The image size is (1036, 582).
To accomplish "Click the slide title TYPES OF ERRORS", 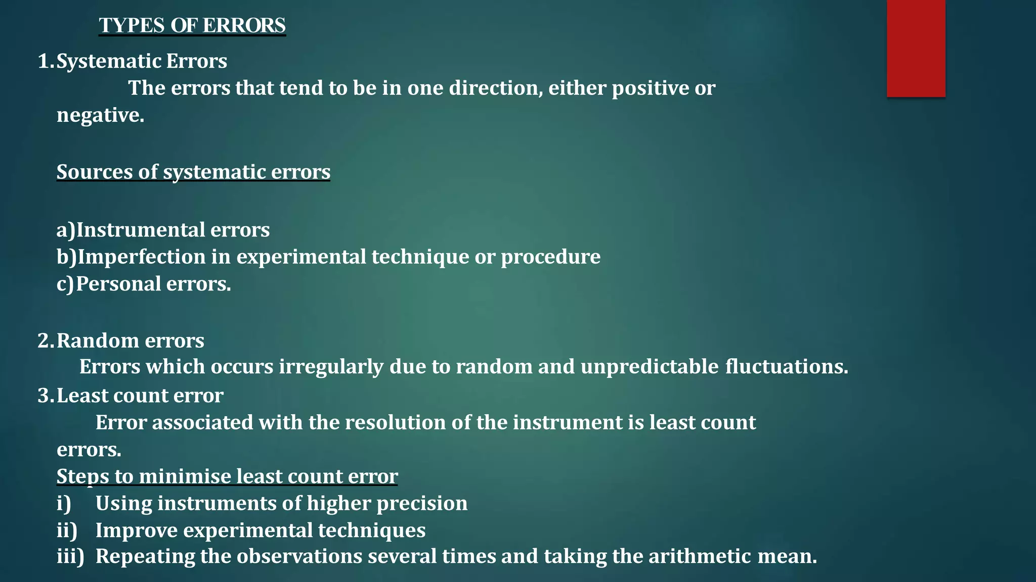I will tap(192, 25).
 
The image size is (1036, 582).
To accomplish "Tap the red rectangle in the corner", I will tap(916, 48).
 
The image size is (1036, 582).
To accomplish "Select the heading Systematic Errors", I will tap(142, 61).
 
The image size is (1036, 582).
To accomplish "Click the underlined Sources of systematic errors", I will tap(193, 172).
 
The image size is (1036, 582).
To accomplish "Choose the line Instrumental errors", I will tap(172, 230).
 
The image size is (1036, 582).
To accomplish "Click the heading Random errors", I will tap(130, 341).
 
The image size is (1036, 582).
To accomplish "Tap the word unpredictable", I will tap(650, 367).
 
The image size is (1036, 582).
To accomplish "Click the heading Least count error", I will tap(140, 396).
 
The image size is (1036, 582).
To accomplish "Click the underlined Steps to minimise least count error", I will tap(227, 476).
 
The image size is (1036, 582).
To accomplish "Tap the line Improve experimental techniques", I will tap(261, 530).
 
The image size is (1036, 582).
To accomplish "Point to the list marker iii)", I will tap(70, 556).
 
